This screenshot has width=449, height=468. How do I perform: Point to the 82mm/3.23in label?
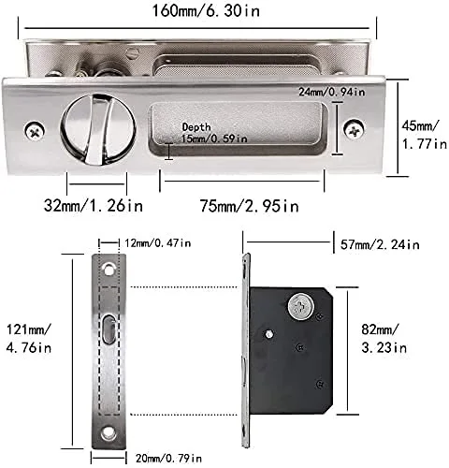point(386,338)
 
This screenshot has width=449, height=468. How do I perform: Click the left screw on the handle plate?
point(35,131)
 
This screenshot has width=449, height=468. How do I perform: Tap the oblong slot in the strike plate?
point(109,331)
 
